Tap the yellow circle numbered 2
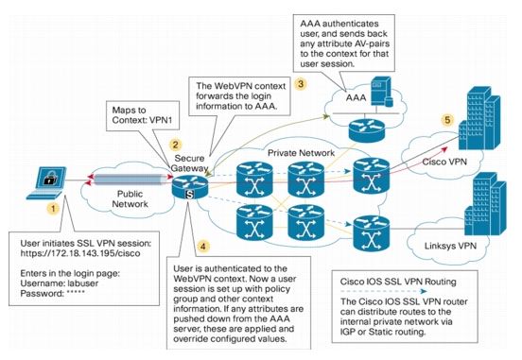click(176, 145)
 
